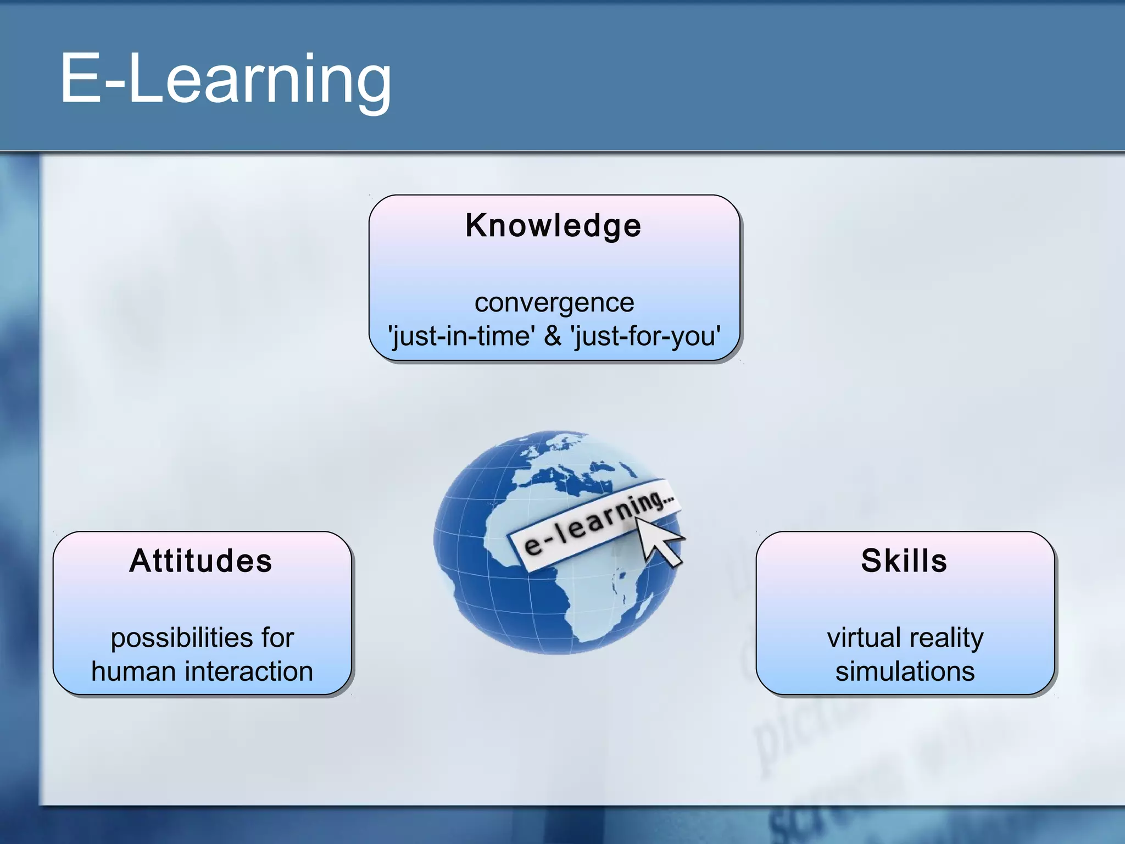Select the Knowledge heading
[x=553, y=226]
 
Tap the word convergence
[x=554, y=303]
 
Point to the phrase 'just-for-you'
[x=646, y=336]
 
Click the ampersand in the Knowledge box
[x=553, y=336]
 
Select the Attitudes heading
[x=201, y=561]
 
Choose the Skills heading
[x=904, y=561]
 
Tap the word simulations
[x=905, y=671]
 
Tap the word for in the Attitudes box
[x=277, y=638]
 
